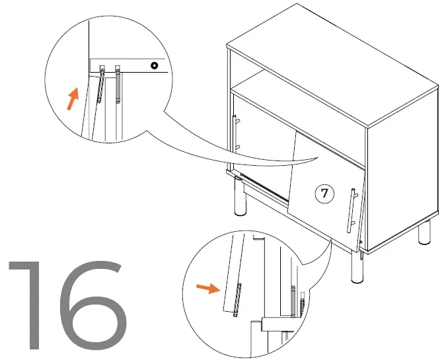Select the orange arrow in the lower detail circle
pyautogui.click(x=209, y=288)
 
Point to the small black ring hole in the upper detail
pyautogui.click(x=154, y=65)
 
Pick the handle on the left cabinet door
pyautogui.click(x=236, y=132)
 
